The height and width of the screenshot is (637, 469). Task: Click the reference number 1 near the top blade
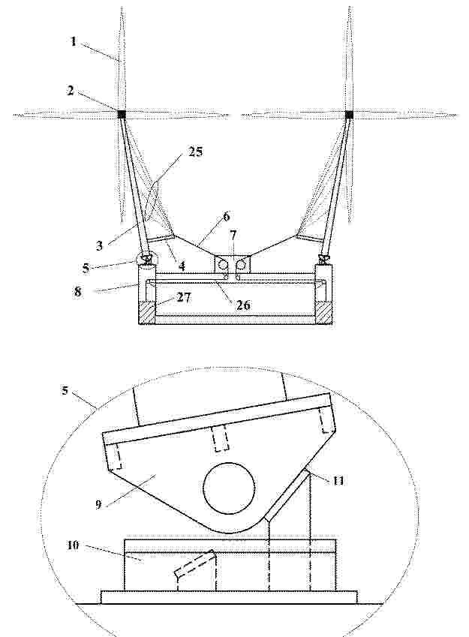click(73, 41)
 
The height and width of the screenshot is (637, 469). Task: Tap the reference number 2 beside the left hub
click(71, 90)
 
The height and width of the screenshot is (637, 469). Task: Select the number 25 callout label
click(195, 152)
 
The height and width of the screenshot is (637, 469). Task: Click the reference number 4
click(182, 266)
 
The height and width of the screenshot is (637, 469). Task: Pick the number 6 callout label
click(226, 216)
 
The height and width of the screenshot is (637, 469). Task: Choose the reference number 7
click(233, 236)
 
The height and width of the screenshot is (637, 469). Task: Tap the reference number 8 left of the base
click(77, 291)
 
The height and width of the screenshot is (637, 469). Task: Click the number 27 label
click(184, 297)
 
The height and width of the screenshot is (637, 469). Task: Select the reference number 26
click(242, 305)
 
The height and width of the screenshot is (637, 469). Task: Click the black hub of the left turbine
click(122, 114)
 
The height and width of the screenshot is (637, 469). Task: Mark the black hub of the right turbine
click(349, 114)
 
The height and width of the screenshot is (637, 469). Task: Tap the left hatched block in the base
click(146, 313)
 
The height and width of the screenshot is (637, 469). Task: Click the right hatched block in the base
click(324, 313)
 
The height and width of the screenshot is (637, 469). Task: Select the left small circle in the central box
click(223, 264)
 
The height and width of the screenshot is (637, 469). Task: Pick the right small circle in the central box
click(241, 264)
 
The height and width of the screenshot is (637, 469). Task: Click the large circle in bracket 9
click(229, 488)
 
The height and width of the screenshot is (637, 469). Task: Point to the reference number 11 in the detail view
click(338, 481)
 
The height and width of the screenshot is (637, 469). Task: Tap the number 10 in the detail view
click(73, 545)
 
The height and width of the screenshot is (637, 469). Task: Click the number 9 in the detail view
click(98, 504)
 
